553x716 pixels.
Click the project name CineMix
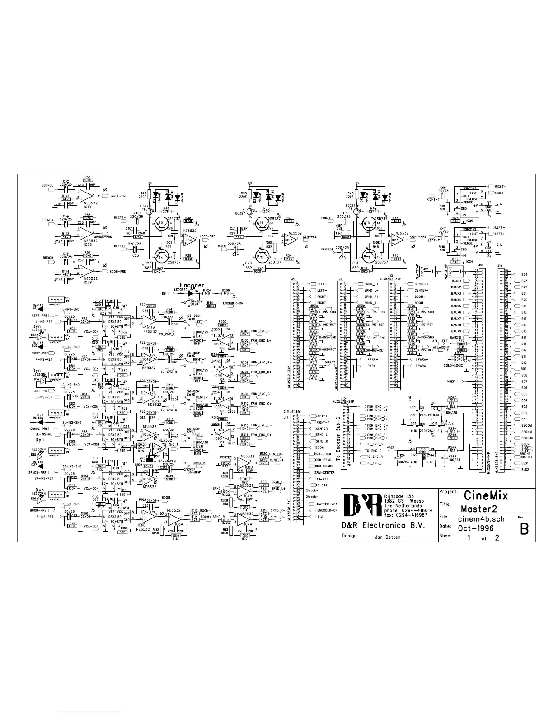(x=485, y=495)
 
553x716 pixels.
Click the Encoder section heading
(x=192, y=285)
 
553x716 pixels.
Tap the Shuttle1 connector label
(x=292, y=411)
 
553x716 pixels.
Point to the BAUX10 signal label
(x=455, y=337)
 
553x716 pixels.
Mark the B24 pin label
(x=524, y=274)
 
